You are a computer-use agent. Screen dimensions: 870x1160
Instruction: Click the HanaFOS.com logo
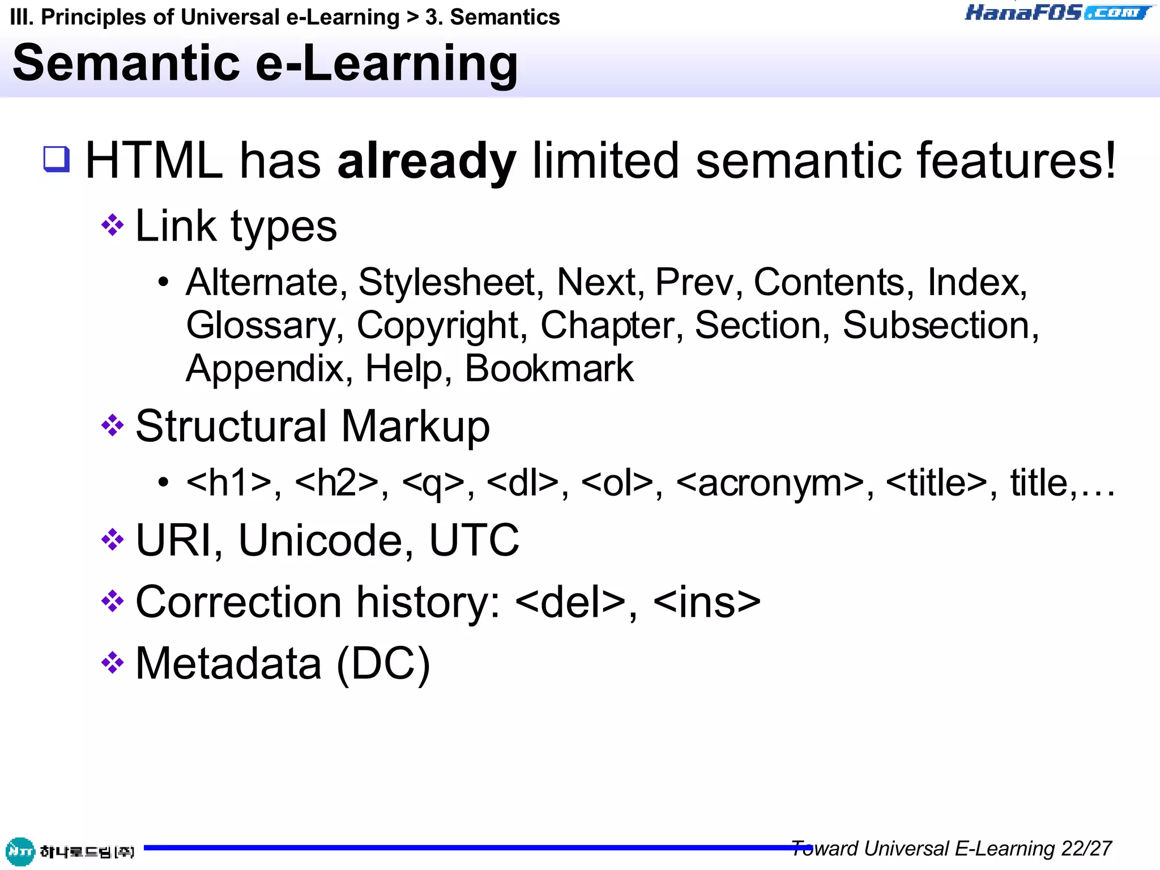(x=1058, y=12)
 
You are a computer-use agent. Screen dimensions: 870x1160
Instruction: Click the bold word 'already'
(x=427, y=161)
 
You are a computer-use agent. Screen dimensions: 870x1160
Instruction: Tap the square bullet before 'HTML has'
(x=57, y=159)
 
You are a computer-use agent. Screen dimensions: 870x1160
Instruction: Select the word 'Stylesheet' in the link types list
(x=446, y=282)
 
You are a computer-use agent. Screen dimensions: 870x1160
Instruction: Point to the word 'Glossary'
(x=261, y=326)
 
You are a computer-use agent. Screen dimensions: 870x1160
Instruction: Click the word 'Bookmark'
(x=549, y=369)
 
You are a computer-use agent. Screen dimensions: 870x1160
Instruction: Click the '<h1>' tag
(x=229, y=483)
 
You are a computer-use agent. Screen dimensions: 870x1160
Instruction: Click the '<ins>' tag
(x=707, y=602)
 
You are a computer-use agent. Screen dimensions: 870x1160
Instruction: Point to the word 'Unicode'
(x=320, y=540)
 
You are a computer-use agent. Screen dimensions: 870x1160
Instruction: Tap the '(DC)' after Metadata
(x=383, y=664)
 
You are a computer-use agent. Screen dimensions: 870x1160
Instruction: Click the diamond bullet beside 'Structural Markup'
(x=112, y=426)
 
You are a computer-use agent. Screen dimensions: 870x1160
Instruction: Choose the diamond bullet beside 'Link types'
(x=112, y=225)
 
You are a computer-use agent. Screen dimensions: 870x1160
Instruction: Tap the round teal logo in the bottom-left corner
(x=20, y=851)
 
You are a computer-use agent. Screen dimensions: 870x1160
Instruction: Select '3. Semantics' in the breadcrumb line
(x=492, y=18)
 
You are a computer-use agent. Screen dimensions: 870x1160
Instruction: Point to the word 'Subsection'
(x=936, y=326)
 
